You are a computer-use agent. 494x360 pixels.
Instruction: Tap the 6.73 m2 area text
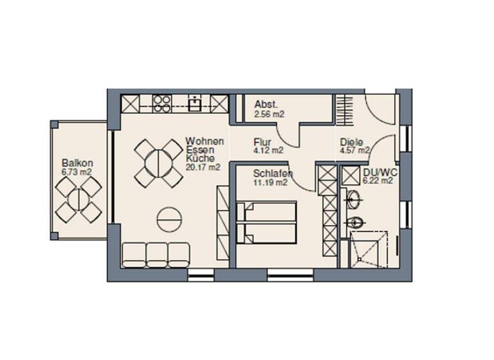click(x=77, y=172)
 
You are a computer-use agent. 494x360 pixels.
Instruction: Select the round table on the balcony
click(x=78, y=199)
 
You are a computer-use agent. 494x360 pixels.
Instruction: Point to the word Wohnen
click(x=205, y=141)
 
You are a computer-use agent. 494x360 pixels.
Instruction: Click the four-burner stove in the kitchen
click(x=161, y=103)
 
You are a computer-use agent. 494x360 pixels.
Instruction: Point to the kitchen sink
click(x=194, y=103)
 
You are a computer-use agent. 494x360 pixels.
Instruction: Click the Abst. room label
click(x=266, y=105)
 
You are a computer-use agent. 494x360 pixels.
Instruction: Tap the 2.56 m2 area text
click(x=269, y=114)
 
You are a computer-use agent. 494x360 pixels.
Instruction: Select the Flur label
click(x=262, y=142)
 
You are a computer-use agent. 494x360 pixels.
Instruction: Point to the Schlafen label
click(x=273, y=174)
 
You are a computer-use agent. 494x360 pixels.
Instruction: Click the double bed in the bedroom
click(x=266, y=224)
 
